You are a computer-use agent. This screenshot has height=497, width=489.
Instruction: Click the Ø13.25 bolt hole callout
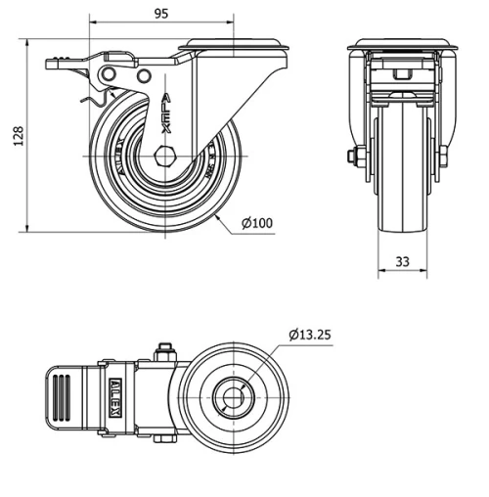[x=310, y=335]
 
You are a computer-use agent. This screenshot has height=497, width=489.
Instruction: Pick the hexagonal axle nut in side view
[x=164, y=156]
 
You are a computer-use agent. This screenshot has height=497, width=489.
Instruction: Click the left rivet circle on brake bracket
[x=108, y=75]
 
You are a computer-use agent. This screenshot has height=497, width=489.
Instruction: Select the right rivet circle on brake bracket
[x=144, y=76]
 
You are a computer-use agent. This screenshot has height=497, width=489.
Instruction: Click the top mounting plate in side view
[x=234, y=44]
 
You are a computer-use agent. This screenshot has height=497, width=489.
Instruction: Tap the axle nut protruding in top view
[x=164, y=350]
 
